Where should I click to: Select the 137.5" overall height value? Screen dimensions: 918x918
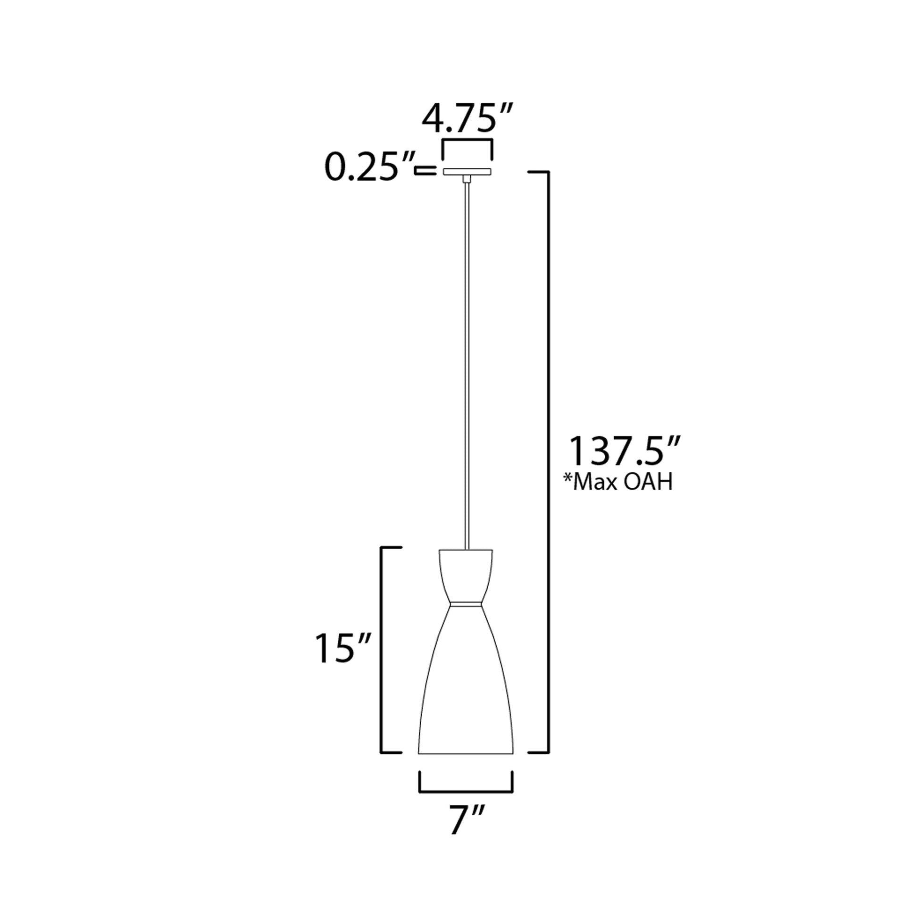pos(626,452)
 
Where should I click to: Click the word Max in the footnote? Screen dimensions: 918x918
pos(596,483)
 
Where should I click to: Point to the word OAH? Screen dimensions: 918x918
pos(648,483)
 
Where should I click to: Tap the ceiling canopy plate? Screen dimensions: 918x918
pos(467,172)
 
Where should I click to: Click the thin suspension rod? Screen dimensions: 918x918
pos(467,361)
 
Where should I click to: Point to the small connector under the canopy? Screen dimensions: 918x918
pos(467,179)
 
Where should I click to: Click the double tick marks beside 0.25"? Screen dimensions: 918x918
pos(425,171)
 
